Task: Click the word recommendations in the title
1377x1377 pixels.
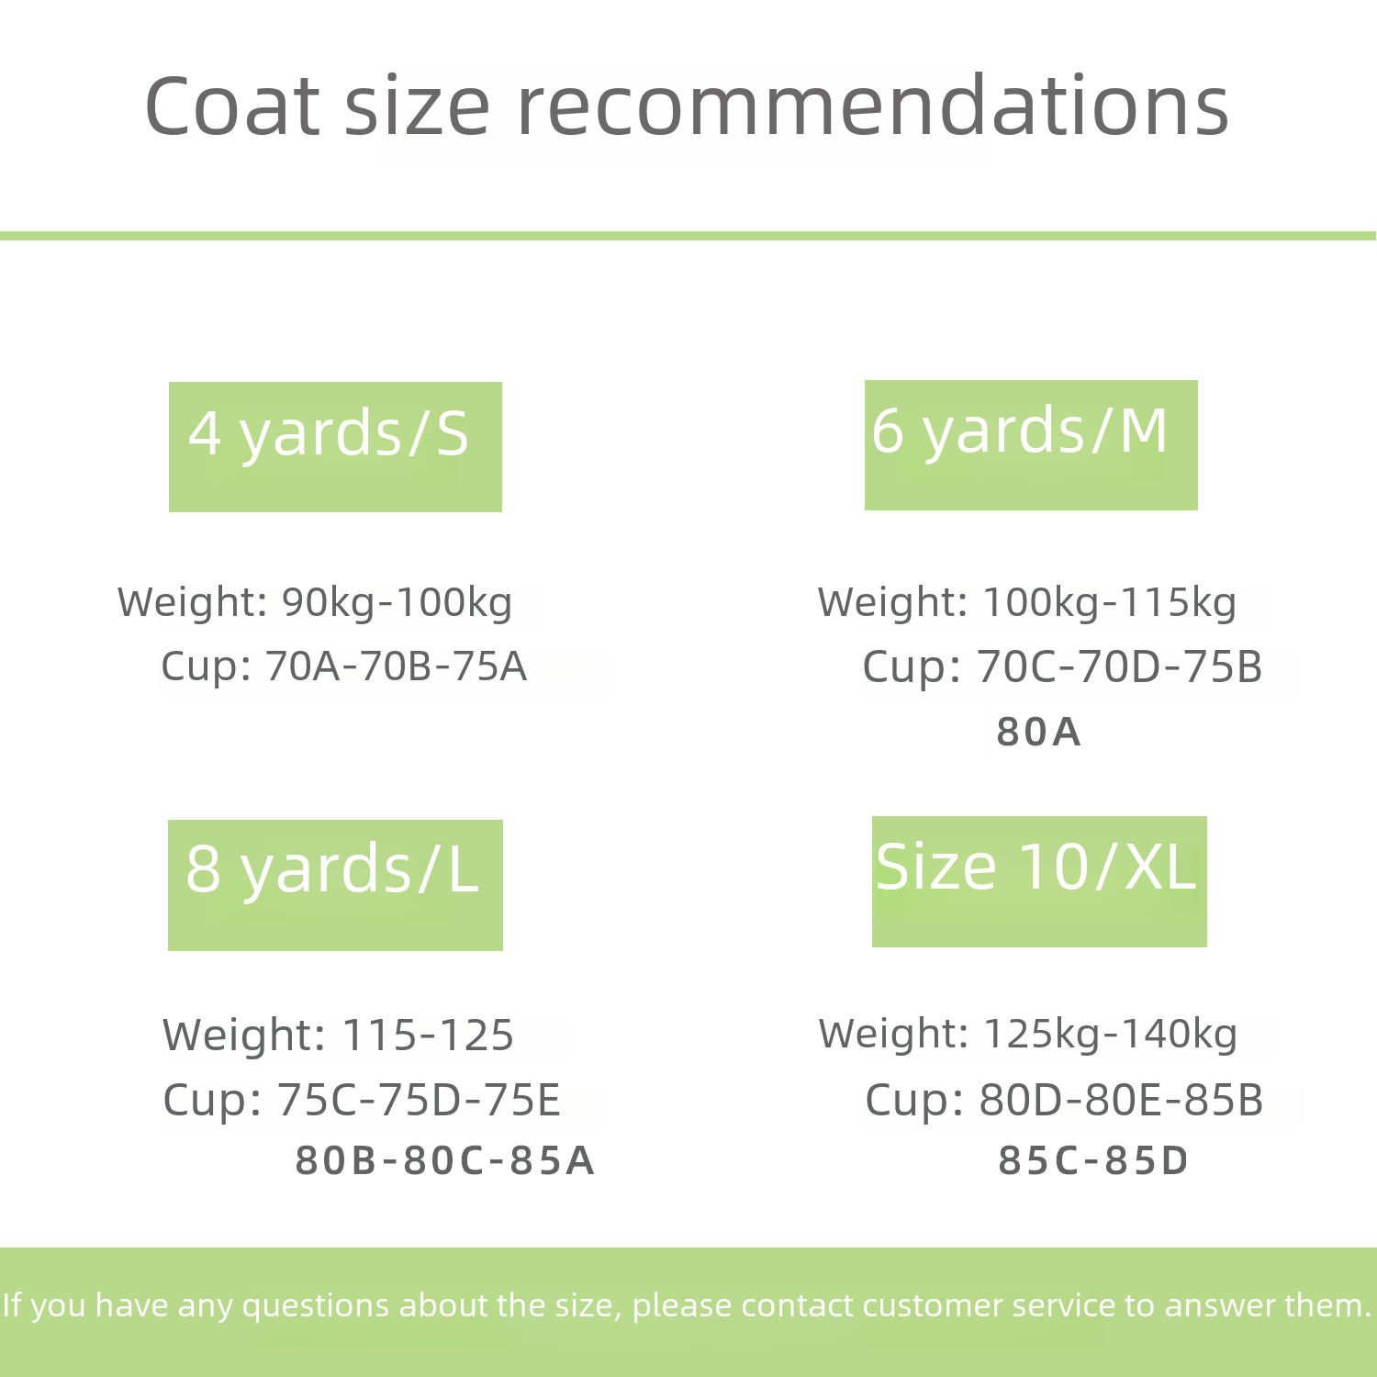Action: click(873, 106)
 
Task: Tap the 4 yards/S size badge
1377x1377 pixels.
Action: click(335, 447)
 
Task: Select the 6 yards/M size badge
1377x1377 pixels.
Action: click(1031, 445)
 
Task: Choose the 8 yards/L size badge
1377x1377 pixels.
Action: click(335, 885)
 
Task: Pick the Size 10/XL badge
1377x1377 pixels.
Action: click(1039, 881)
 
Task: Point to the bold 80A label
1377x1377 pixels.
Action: click(1038, 732)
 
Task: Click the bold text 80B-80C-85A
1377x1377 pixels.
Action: click(445, 1160)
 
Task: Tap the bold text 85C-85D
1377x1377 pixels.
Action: click(1093, 1160)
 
